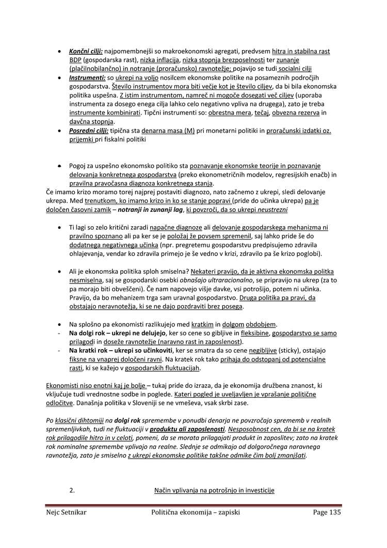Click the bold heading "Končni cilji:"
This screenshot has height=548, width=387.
[x=86, y=51]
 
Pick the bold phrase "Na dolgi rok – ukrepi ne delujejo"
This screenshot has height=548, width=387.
[x=117, y=333]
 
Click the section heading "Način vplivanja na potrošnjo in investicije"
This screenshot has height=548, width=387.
[x=214, y=490]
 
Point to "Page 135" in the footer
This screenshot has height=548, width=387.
[x=327, y=512]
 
